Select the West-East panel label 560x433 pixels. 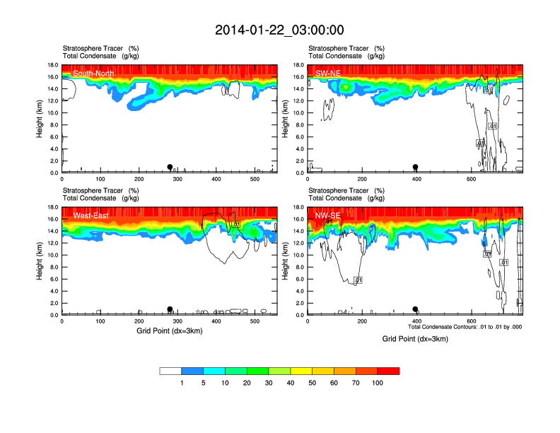point(91,216)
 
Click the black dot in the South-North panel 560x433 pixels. point(170,167)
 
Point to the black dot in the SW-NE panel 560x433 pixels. point(416,167)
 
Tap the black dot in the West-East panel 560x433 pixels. point(170,309)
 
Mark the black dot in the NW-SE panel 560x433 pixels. point(416,309)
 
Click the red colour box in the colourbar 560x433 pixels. point(388,371)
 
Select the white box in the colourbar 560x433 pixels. point(170,371)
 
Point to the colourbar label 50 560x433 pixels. point(312,383)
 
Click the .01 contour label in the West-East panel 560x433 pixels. point(238,224)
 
